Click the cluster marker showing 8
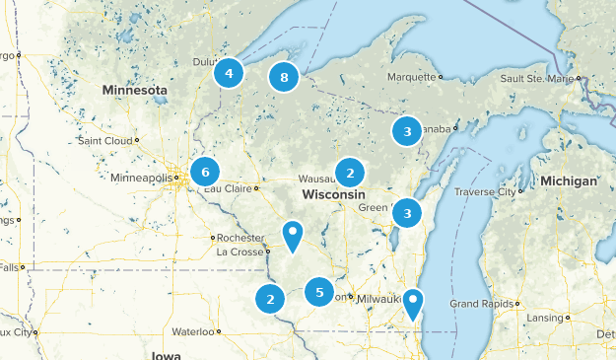[x=284, y=77]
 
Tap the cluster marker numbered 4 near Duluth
[x=229, y=73]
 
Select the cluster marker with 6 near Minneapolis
[x=205, y=173]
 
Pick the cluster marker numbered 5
[x=318, y=292]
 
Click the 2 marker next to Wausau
[x=349, y=174]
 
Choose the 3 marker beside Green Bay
[x=406, y=213]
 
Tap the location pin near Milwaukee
[x=414, y=303]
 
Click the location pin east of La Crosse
[x=293, y=235]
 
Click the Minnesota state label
[x=133, y=90]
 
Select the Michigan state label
[x=569, y=181]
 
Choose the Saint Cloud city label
[x=104, y=141]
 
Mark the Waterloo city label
[x=193, y=331]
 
